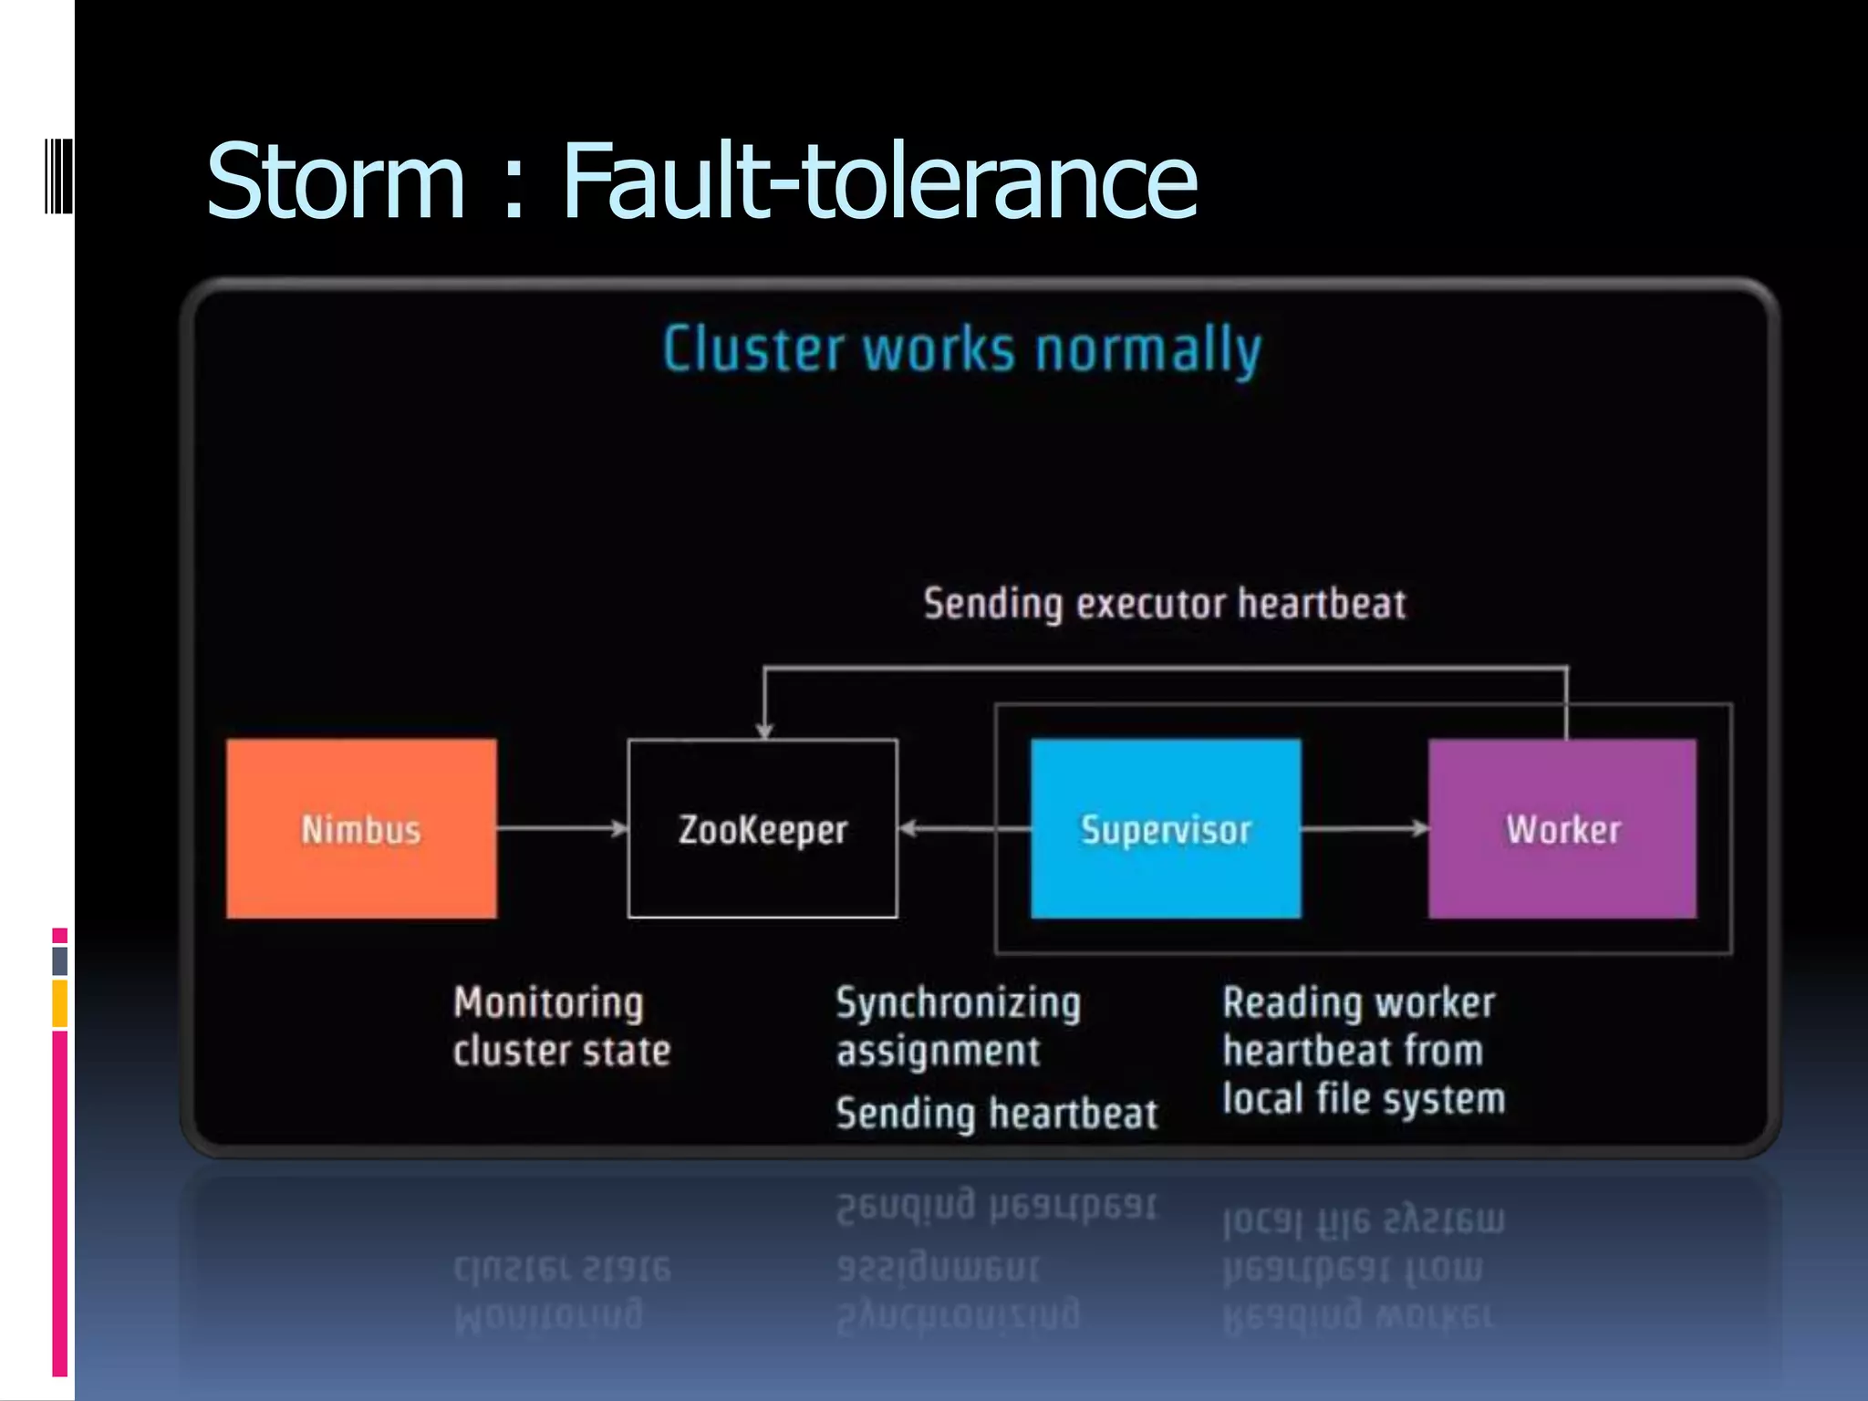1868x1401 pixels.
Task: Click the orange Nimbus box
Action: coord(361,828)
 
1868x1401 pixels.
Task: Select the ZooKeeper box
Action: coord(763,828)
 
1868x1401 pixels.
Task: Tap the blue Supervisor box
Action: coord(1165,828)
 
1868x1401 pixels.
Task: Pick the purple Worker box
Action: coord(1562,828)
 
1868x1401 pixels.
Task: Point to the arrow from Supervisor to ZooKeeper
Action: coord(964,828)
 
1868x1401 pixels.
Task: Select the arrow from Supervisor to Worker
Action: coord(1365,828)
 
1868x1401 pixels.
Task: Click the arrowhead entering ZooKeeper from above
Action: coord(764,730)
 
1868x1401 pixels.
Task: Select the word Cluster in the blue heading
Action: coord(753,349)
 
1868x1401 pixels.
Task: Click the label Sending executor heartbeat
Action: coord(1164,604)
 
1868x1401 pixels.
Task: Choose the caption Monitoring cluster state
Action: coord(561,1026)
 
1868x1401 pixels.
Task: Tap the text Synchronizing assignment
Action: coord(958,1026)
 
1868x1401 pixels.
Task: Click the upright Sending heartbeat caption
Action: coord(996,1114)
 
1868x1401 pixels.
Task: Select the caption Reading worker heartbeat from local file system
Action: coord(1363,1051)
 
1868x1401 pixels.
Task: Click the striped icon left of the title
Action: coord(58,175)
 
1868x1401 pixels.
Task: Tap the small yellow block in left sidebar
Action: coord(59,1003)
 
